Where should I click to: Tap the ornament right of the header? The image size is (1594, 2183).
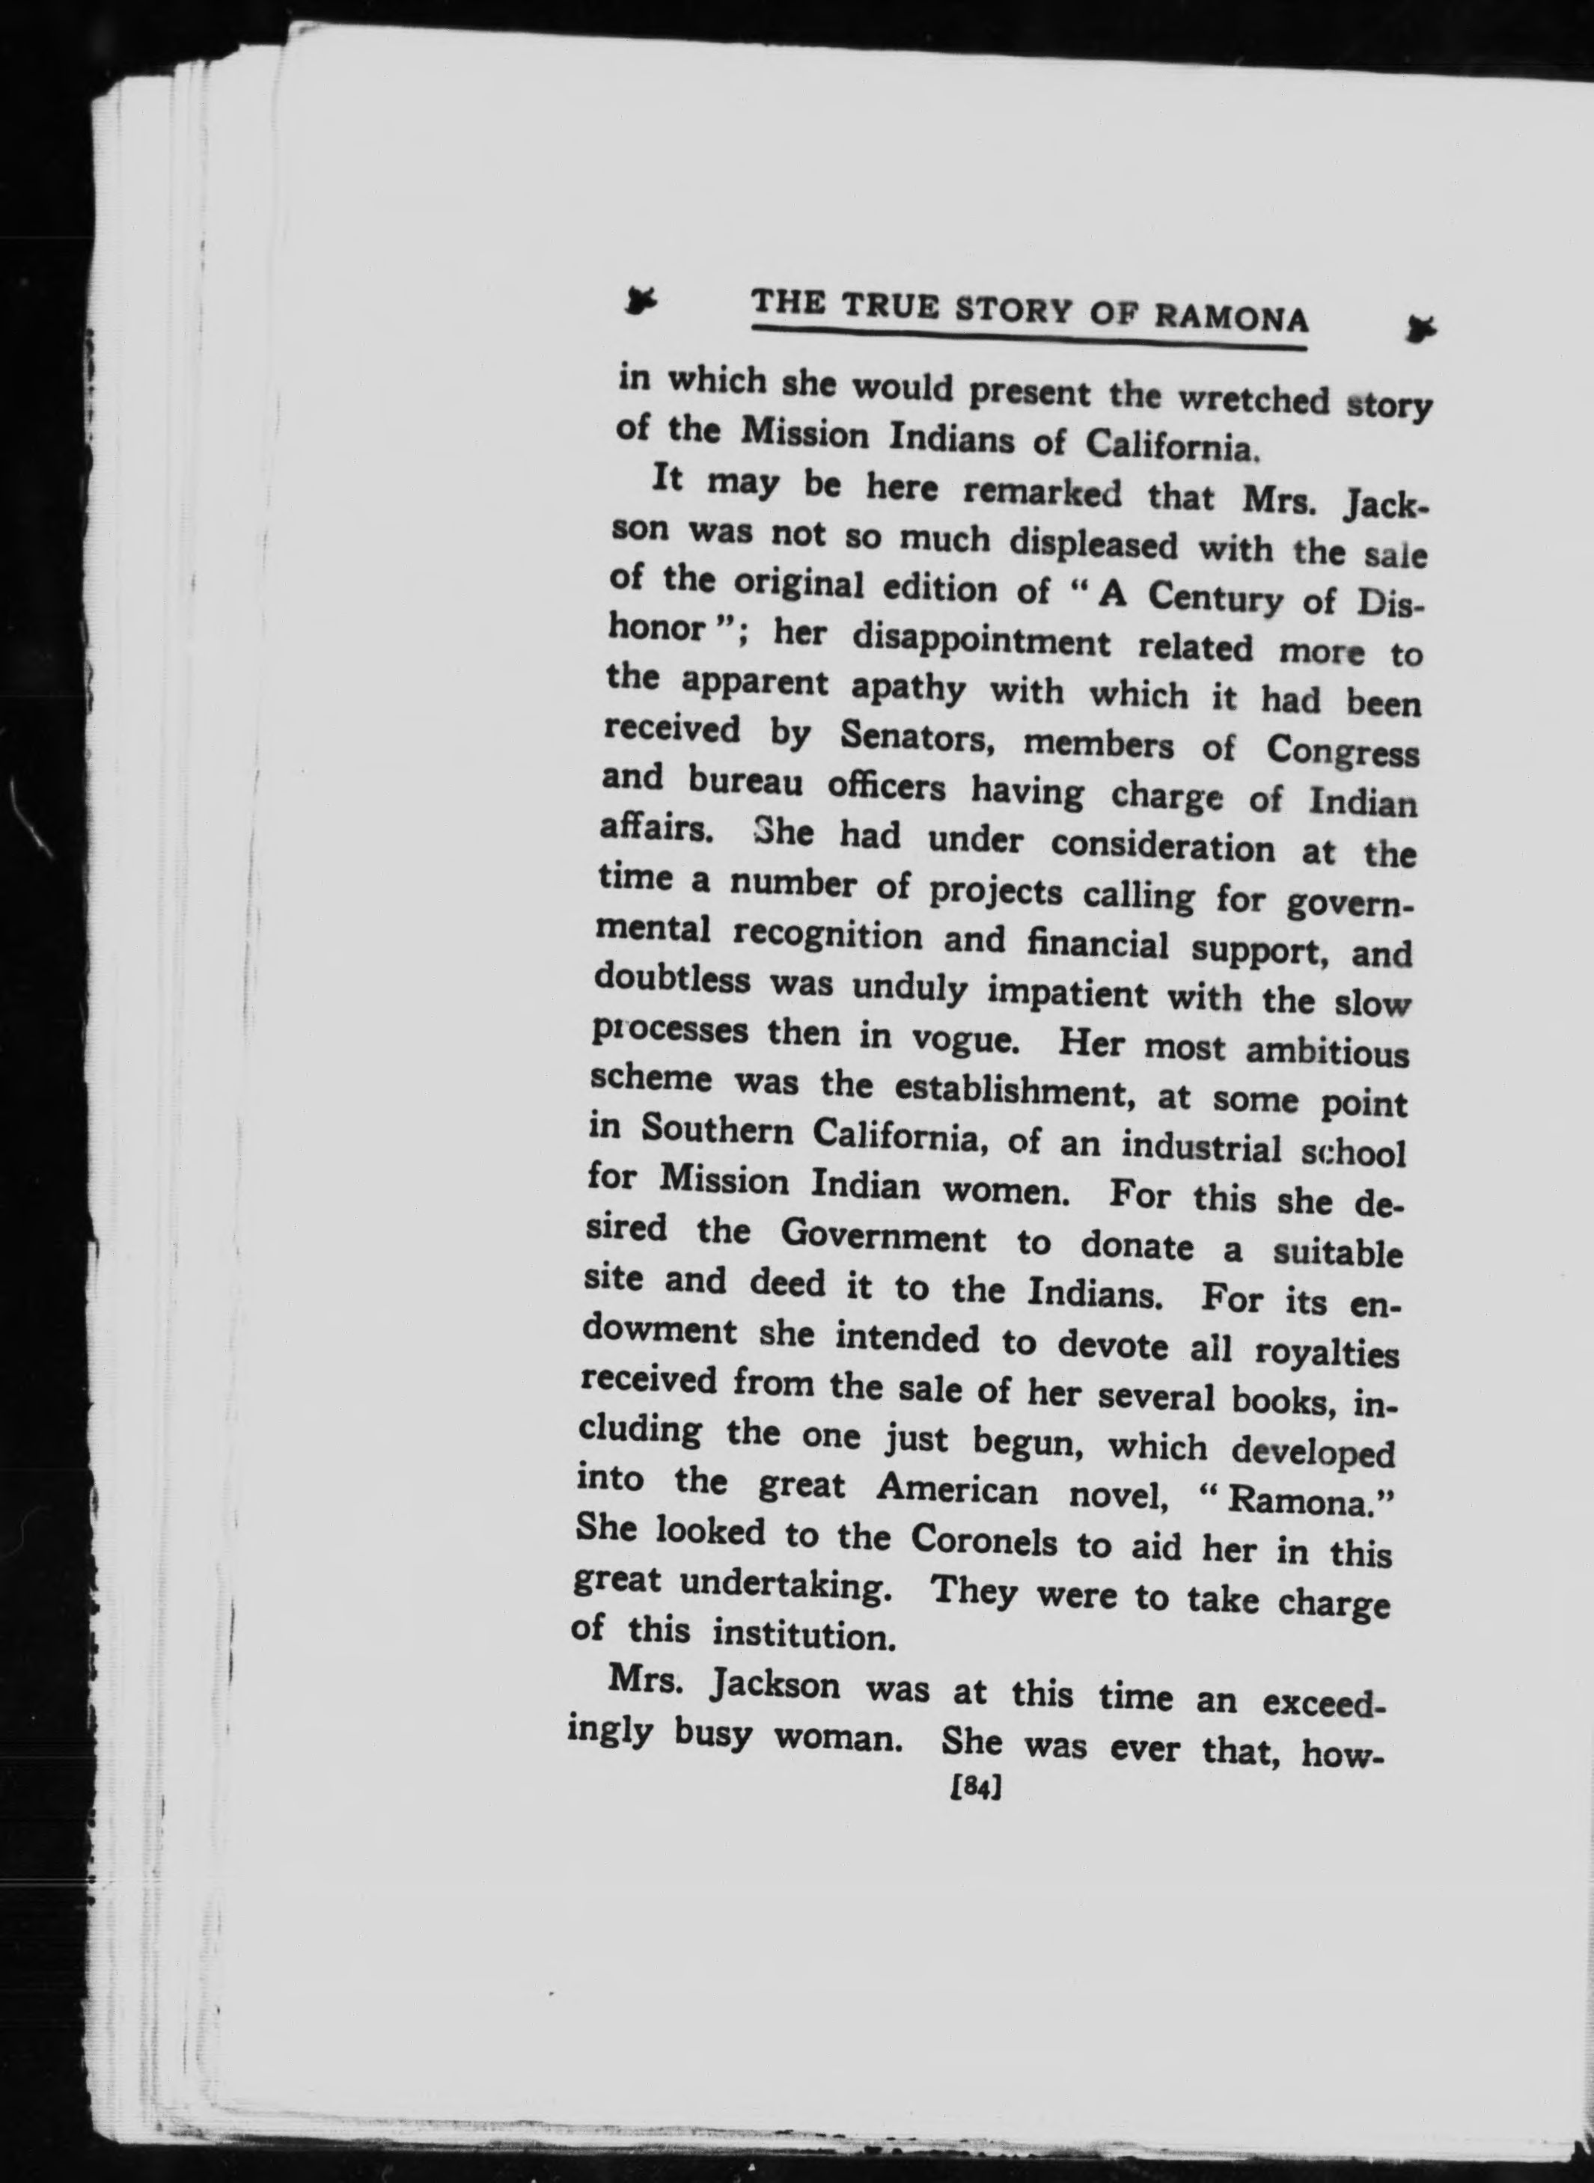click(1420, 329)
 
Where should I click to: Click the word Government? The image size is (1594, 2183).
click(883, 1237)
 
